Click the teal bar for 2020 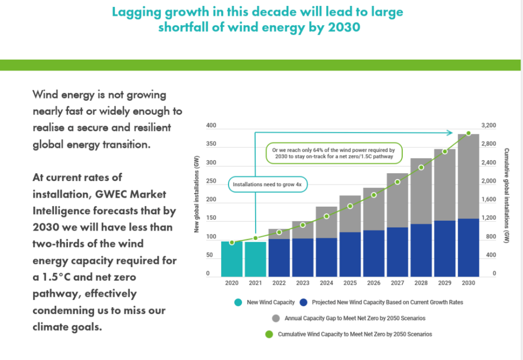[232, 259]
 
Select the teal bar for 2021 [255, 260]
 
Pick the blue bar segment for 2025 [350, 254]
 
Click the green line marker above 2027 [397, 182]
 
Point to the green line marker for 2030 [469, 133]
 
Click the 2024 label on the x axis [326, 283]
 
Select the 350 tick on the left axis [211, 145]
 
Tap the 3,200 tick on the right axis [489, 126]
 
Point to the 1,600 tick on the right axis [489, 200]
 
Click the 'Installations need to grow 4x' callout [268, 185]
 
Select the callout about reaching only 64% [333, 153]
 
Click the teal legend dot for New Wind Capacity [238, 302]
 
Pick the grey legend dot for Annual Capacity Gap [276, 318]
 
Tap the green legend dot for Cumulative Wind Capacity [268, 334]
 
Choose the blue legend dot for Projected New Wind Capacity [303, 302]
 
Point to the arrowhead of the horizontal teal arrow [451, 132]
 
